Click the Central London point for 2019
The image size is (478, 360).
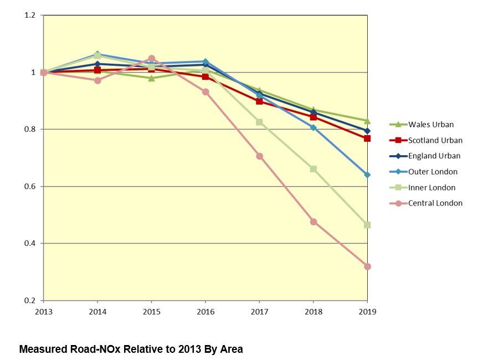(x=367, y=266)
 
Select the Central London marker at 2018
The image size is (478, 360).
(x=313, y=222)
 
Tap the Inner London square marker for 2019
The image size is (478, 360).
(x=367, y=225)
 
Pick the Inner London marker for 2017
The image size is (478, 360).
(x=259, y=122)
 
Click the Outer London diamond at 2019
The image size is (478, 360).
(x=367, y=174)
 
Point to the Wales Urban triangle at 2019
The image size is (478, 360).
(x=367, y=120)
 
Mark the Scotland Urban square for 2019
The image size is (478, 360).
(x=367, y=138)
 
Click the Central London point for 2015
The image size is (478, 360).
(x=152, y=58)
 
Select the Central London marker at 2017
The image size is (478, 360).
(x=259, y=156)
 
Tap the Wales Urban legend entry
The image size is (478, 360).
(x=431, y=125)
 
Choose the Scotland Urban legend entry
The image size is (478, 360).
(x=435, y=141)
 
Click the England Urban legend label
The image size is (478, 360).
(x=434, y=156)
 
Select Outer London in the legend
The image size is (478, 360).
(x=433, y=172)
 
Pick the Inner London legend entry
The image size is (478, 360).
(x=431, y=188)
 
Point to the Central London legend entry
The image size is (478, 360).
(x=435, y=203)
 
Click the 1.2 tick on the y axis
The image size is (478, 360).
(x=30, y=16)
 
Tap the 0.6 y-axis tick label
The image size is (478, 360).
(x=30, y=187)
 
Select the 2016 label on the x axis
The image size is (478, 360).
(x=205, y=311)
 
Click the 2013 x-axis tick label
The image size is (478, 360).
(x=43, y=311)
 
